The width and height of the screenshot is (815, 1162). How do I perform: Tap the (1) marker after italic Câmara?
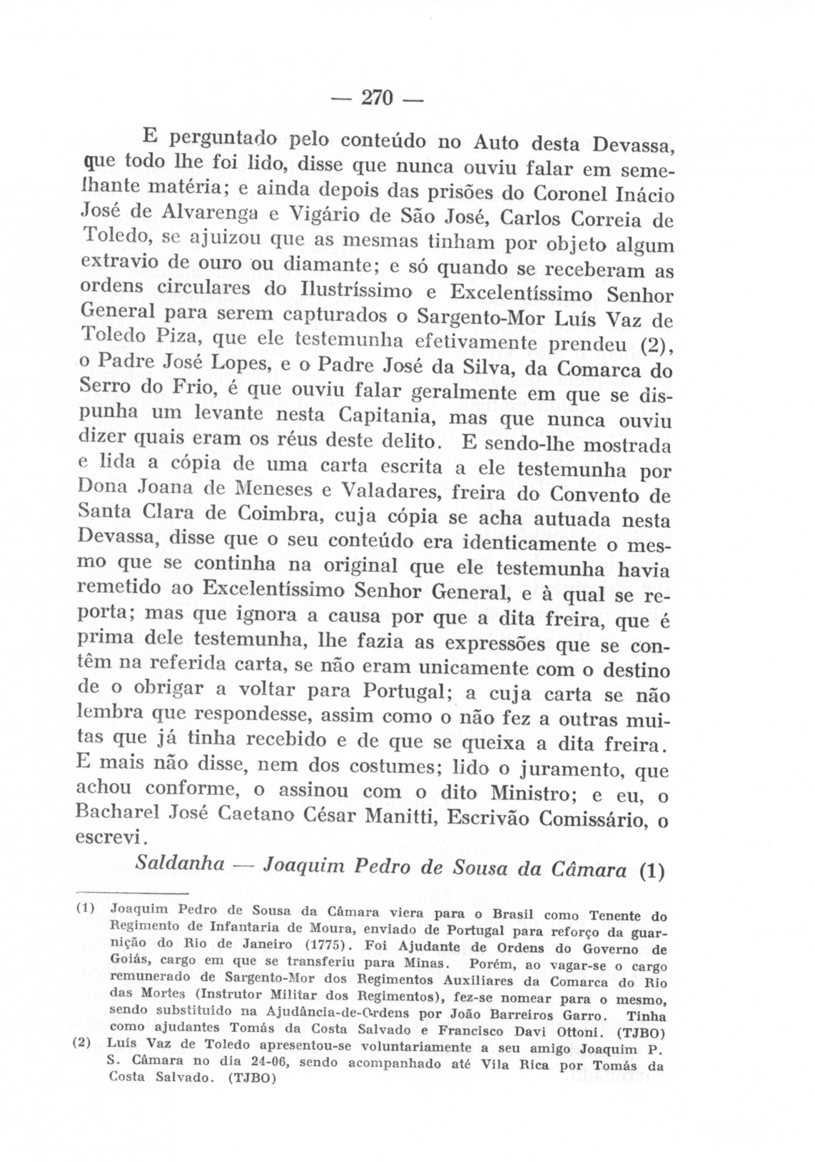click(652, 871)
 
